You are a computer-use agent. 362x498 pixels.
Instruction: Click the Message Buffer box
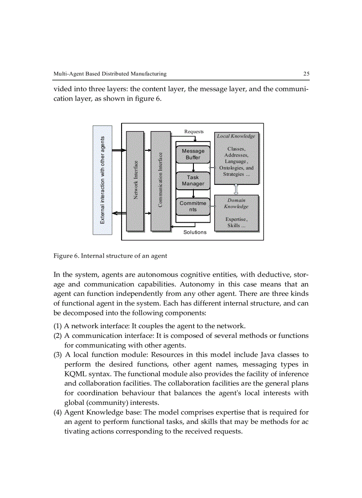(x=193, y=154)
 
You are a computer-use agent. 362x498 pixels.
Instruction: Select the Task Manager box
(x=193, y=180)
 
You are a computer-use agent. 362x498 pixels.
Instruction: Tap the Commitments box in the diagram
(x=193, y=206)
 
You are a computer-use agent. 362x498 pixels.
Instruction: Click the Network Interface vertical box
(x=135, y=180)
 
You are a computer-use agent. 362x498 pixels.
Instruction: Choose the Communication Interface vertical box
(x=160, y=180)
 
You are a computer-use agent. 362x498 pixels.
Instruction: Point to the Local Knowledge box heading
(x=236, y=136)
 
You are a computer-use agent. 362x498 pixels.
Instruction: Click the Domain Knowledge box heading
(x=236, y=204)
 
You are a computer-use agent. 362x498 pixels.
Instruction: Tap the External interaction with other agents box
(x=102, y=180)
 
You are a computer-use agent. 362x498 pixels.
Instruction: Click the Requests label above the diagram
(x=194, y=132)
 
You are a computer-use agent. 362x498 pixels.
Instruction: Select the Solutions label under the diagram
(x=195, y=232)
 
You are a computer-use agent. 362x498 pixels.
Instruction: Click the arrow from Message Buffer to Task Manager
(x=193, y=168)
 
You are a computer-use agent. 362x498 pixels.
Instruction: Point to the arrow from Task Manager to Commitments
(x=193, y=193)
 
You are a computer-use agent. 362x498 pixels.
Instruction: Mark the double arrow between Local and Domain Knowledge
(x=236, y=190)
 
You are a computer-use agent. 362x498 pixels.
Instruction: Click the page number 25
(x=306, y=74)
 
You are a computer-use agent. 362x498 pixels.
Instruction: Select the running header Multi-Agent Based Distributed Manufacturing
(x=110, y=74)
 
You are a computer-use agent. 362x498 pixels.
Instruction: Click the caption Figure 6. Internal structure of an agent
(x=110, y=256)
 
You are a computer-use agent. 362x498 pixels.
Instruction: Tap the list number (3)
(x=58, y=355)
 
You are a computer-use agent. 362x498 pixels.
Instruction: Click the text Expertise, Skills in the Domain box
(x=236, y=222)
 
